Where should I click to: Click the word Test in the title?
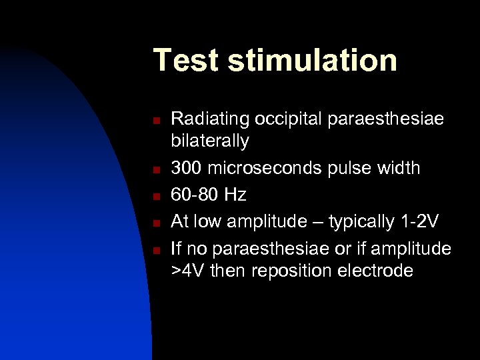pos(185,60)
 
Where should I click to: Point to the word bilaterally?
pos(211,141)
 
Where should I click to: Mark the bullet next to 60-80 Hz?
pos(155,196)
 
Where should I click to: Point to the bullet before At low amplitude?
pos(155,223)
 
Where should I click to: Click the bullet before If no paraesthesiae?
pos(155,250)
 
